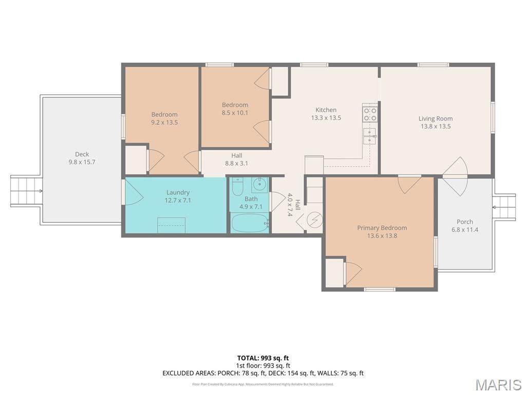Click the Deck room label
coord(82,154)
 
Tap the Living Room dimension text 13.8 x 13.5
coord(435,126)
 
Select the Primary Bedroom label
coord(382,228)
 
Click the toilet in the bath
coord(237,188)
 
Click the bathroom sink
coord(259,184)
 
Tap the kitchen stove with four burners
coord(370,114)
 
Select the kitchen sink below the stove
coord(370,136)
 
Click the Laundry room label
coord(178,192)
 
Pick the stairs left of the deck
coord(26,191)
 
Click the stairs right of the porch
coord(504,207)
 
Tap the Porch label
coord(464,222)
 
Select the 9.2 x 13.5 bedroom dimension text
coord(164,122)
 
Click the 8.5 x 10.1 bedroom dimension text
coord(235,113)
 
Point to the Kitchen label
coord(326,110)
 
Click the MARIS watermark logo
coord(498,384)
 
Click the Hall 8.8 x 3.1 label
coord(237,159)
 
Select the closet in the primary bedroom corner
coord(334,273)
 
